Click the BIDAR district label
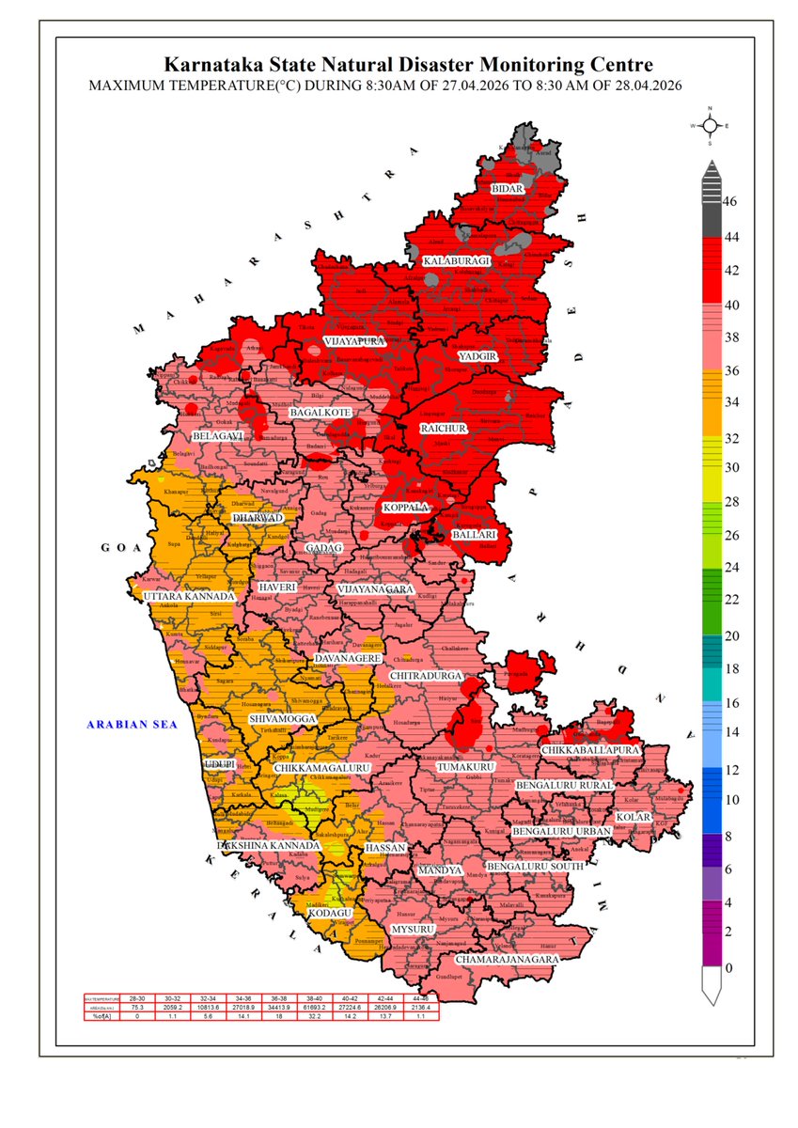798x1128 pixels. click(x=507, y=189)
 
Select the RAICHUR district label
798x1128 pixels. click(x=443, y=428)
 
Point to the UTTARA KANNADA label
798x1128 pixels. click(x=189, y=597)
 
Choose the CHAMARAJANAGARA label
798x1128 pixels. click(x=508, y=960)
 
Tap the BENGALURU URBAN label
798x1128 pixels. click(x=562, y=832)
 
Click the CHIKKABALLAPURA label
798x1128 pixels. click(x=590, y=750)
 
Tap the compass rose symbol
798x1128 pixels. click(x=711, y=125)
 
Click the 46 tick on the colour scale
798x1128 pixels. click(x=730, y=201)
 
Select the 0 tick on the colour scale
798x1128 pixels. click(x=728, y=967)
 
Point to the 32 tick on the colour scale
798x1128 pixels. click(x=730, y=437)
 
